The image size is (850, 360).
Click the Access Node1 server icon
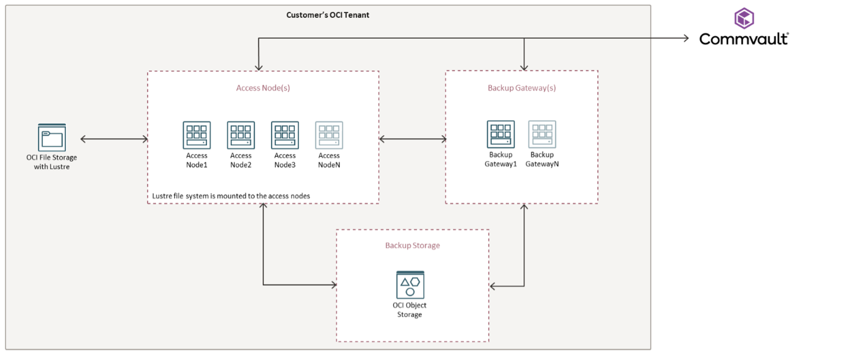[196, 135]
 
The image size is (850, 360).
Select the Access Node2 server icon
[241, 135]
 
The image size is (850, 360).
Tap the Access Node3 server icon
[285, 135]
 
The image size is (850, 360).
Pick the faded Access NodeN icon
[329, 135]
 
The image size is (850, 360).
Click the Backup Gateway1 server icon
[501, 134]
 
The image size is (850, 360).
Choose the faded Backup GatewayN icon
[542, 134]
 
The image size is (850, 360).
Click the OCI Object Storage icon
[410, 285]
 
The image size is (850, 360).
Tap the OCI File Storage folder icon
[52, 138]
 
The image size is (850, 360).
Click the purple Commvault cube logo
[744, 18]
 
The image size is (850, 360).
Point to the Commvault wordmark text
[744, 39]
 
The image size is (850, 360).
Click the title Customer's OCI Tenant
[328, 15]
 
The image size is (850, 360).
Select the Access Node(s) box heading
[263, 88]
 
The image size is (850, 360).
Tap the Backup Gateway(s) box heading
[522, 88]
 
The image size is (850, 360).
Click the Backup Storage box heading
[412, 245]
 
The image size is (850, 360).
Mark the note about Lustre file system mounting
[231, 196]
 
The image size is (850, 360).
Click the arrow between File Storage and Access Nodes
[114, 139]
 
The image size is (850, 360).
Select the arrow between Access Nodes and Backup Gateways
[412, 139]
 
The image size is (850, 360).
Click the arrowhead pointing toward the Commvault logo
[686, 38]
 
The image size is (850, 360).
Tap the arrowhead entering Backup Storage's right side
[492, 286]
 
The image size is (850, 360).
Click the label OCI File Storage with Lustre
[52, 162]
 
